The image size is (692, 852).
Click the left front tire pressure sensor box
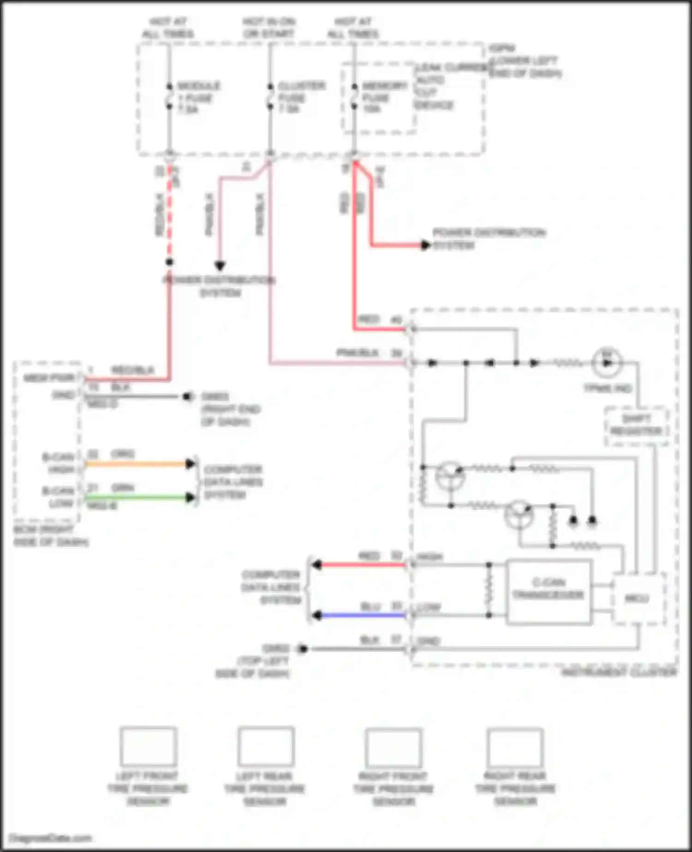click(148, 746)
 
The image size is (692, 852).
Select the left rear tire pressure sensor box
click(266, 746)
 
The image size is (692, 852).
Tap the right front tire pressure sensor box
click(394, 747)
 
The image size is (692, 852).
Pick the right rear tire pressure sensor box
click(515, 747)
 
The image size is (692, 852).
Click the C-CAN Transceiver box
click(549, 592)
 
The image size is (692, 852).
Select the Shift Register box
click(637, 426)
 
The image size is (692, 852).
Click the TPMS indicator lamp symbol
click(607, 362)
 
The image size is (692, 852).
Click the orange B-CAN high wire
click(138, 463)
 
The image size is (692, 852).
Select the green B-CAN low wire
click(138, 498)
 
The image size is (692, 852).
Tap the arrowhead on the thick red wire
click(425, 245)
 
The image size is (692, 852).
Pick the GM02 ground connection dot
click(303, 649)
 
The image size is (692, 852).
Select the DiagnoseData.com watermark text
click(51, 838)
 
